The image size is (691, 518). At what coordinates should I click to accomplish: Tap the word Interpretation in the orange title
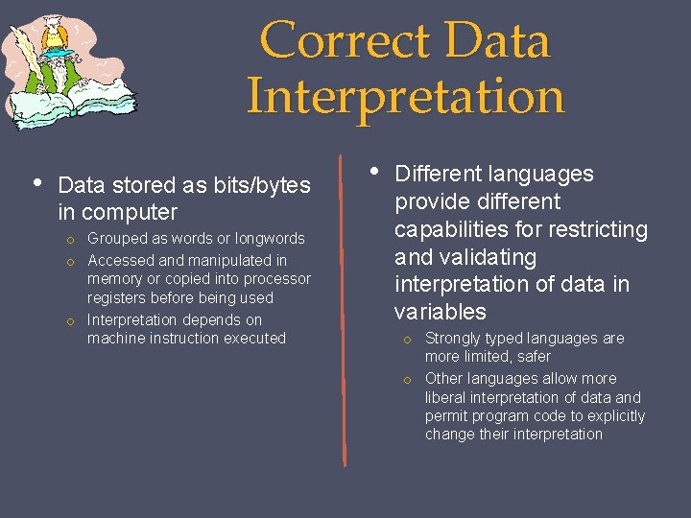tap(405, 97)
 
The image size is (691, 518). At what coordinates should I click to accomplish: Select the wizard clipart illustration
tap(70, 72)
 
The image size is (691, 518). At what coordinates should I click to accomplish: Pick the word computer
tap(130, 212)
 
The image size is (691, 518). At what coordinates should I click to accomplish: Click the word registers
tap(121, 298)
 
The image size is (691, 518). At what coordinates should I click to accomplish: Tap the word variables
tap(441, 312)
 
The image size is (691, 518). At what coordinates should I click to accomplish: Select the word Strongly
tap(456, 338)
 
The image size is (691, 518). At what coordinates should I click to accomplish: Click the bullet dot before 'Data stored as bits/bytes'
tap(36, 182)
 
